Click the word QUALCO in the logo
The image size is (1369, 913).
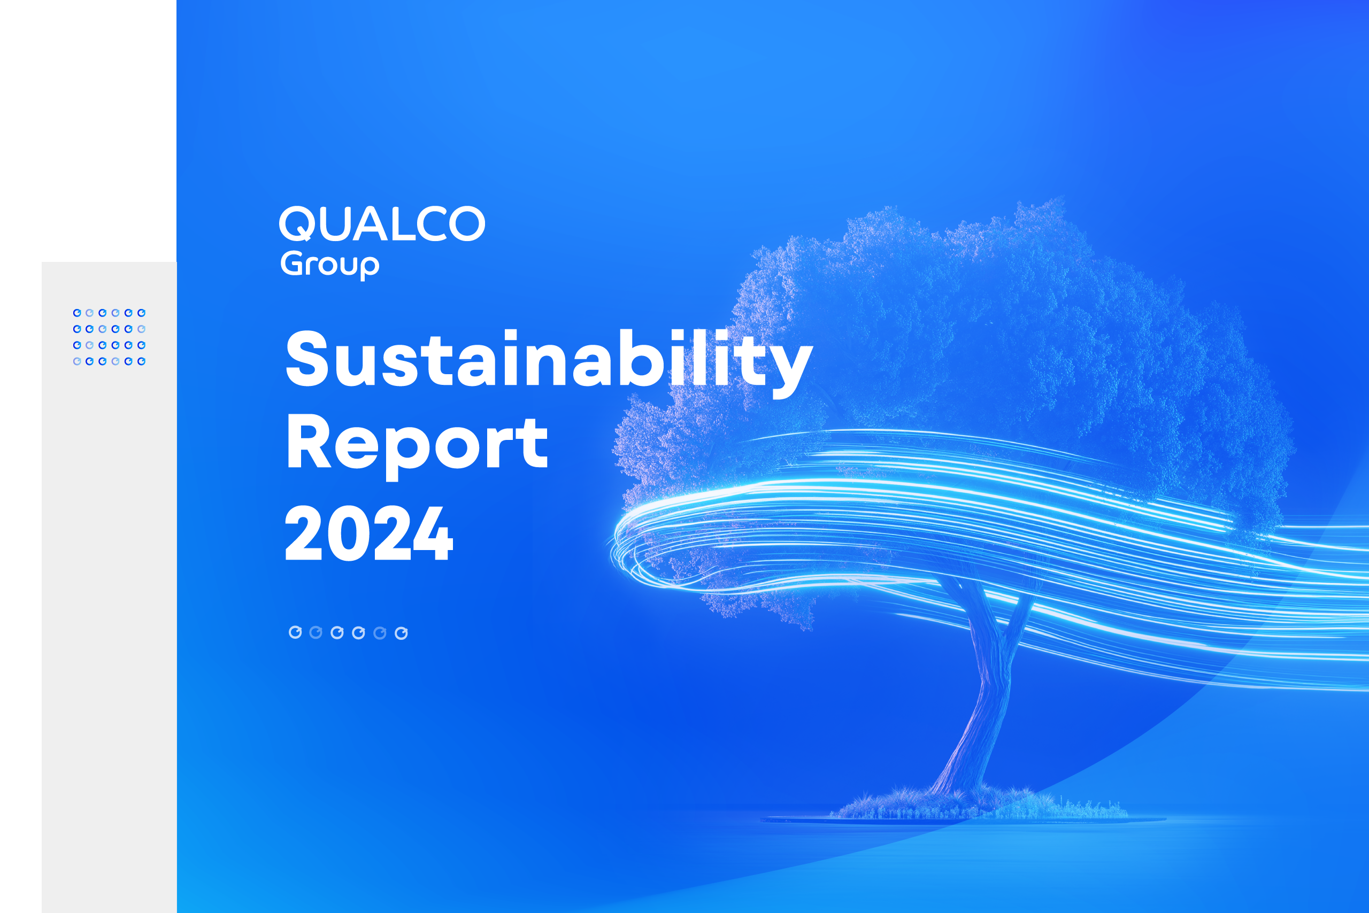click(x=382, y=223)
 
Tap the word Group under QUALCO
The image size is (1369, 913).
click(x=330, y=265)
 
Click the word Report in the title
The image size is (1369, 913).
click(x=417, y=444)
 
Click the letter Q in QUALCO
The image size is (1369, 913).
click(x=298, y=223)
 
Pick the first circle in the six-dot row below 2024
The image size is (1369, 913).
click(x=295, y=632)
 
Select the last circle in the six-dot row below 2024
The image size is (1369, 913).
click(x=401, y=633)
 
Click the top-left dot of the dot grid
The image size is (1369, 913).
click(x=77, y=313)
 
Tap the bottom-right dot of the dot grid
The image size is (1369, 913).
click(x=141, y=361)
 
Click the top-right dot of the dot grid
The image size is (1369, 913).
click(x=141, y=313)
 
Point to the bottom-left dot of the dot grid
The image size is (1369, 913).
click(x=77, y=361)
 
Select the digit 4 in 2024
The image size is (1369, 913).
click(x=431, y=533)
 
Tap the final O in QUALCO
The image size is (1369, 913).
click(x=467, y=223)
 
